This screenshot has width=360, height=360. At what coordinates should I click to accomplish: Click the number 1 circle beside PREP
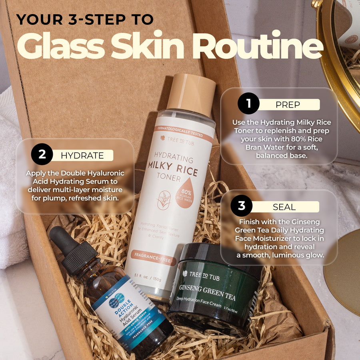[249, 104]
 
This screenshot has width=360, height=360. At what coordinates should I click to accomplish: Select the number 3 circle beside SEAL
[242, 206]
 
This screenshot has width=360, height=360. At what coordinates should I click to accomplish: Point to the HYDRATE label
[82, 156]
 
